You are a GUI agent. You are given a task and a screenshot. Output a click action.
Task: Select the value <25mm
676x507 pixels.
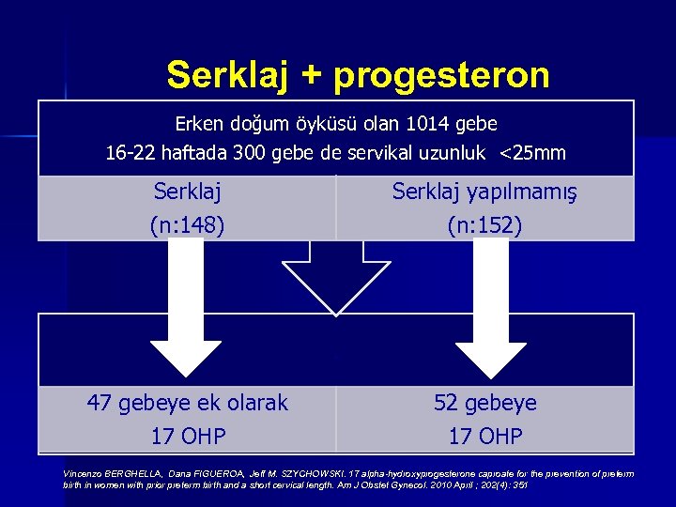(x=534, y=153)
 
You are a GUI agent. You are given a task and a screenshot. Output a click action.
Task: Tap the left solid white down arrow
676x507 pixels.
(x=187, y=319)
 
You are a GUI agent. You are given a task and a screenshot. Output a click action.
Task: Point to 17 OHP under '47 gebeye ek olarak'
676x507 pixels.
(x=187, y=437)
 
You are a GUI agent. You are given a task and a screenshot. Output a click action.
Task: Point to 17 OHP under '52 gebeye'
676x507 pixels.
(x=485, y=437)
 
